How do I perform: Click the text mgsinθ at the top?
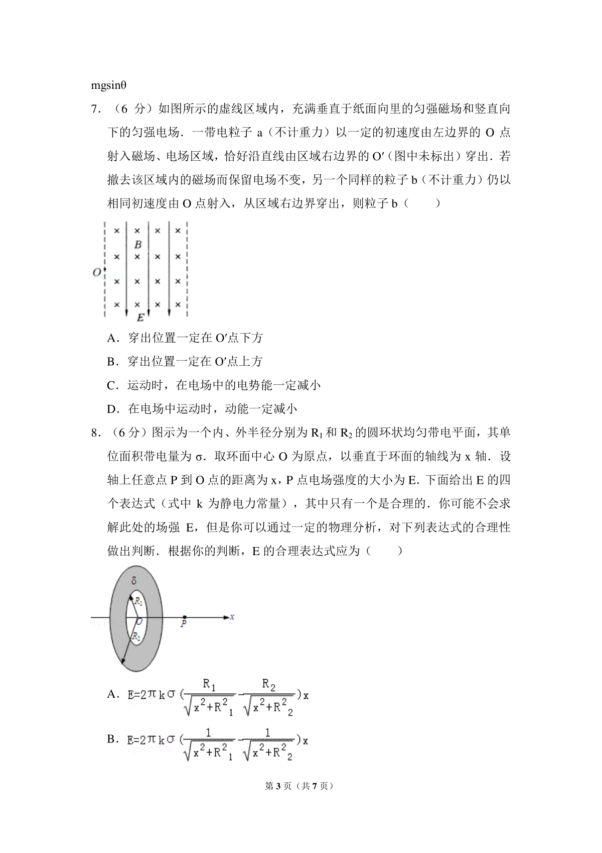click(x=108, y=85)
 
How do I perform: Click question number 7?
click(x=94, y=109)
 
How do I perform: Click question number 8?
click(x=94, y=433)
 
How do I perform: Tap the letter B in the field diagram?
click(x=138, y=245)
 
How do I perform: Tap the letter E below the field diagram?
click(x=140, y=317)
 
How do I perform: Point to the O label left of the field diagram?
click(x=96, y=272)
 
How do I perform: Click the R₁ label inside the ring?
click(x=138, y=601)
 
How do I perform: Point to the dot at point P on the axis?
click(x=185, y=617)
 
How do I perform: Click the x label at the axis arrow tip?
click(x=232, y=616)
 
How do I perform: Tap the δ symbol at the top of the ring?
click(x=133, y=581)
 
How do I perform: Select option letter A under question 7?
click(x=111, y=338)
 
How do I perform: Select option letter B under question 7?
click(x=111, y=362)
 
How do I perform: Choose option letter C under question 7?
click(x=111, y=386)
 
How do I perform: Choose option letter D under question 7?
click(x=111, y=409)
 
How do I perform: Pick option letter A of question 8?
click(x=111, y=694)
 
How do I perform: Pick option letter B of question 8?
click(x=111, y=739)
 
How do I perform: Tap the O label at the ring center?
click(x=139, y=621)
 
